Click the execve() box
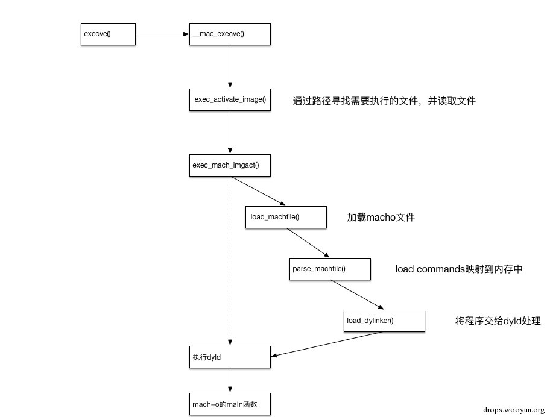[108, 34]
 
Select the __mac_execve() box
[230, 34]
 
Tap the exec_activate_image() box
[230, 99]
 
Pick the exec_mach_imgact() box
[230, 165]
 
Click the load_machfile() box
[286, 217]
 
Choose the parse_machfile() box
[330, 269]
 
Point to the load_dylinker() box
[384, 321]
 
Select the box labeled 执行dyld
[230, 357]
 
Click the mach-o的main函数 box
[230, 404]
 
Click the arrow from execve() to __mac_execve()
[162, 34]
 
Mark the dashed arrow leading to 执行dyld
[230, 261]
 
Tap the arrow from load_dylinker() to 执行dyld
[327, 343]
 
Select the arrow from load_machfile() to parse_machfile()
[308, 243]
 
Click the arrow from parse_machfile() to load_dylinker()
[357, 295]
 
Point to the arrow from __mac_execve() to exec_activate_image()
[230, 67]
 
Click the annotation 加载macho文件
[381, 217]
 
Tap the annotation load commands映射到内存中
[459, 269]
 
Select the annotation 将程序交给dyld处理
[498, 321]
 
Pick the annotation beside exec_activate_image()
[384, 101]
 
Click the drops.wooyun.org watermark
[514, 410]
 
